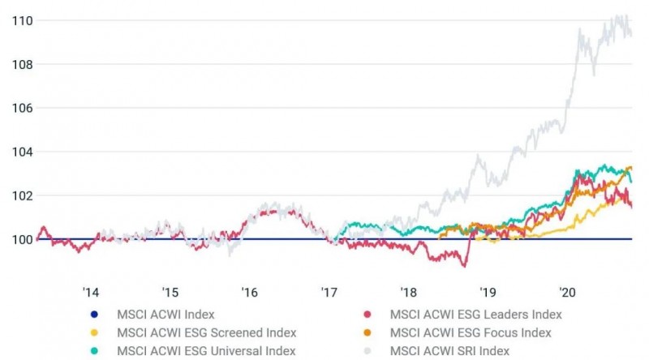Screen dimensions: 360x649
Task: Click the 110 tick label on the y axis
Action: (x=22, y=20)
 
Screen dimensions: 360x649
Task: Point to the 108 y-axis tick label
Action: (x=22, y=64)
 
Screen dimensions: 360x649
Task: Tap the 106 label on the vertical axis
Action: (x=22, y=108)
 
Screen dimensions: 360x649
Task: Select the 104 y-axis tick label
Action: (x=22, y=152)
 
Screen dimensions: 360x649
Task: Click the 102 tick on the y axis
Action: (x=22, y=195)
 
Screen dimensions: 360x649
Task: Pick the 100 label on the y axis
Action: (x=22, y=239)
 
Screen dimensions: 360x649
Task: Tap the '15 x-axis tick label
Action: (x=170, y=292)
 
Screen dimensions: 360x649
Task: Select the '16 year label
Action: (x=249, y=292)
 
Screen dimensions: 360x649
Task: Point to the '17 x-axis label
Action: (x=329, y=292)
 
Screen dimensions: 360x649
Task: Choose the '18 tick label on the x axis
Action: (x=408, y=292)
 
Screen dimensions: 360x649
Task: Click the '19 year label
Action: (x=488, y=292)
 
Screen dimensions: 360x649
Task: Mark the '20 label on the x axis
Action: (x=567, y=292)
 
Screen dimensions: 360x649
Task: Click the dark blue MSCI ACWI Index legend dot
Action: (x=95, y=315)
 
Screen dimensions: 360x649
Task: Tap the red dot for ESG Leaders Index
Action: (x=367, y=315)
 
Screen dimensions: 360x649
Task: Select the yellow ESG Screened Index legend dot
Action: (x=95, y=332)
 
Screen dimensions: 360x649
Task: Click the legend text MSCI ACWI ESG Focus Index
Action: (x=470, y=332)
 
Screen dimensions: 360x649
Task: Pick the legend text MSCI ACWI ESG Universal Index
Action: (x=206, y=350)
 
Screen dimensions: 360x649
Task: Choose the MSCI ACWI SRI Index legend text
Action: (x=449, y=350)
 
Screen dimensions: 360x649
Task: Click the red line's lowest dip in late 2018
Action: (x=464, y=265)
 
